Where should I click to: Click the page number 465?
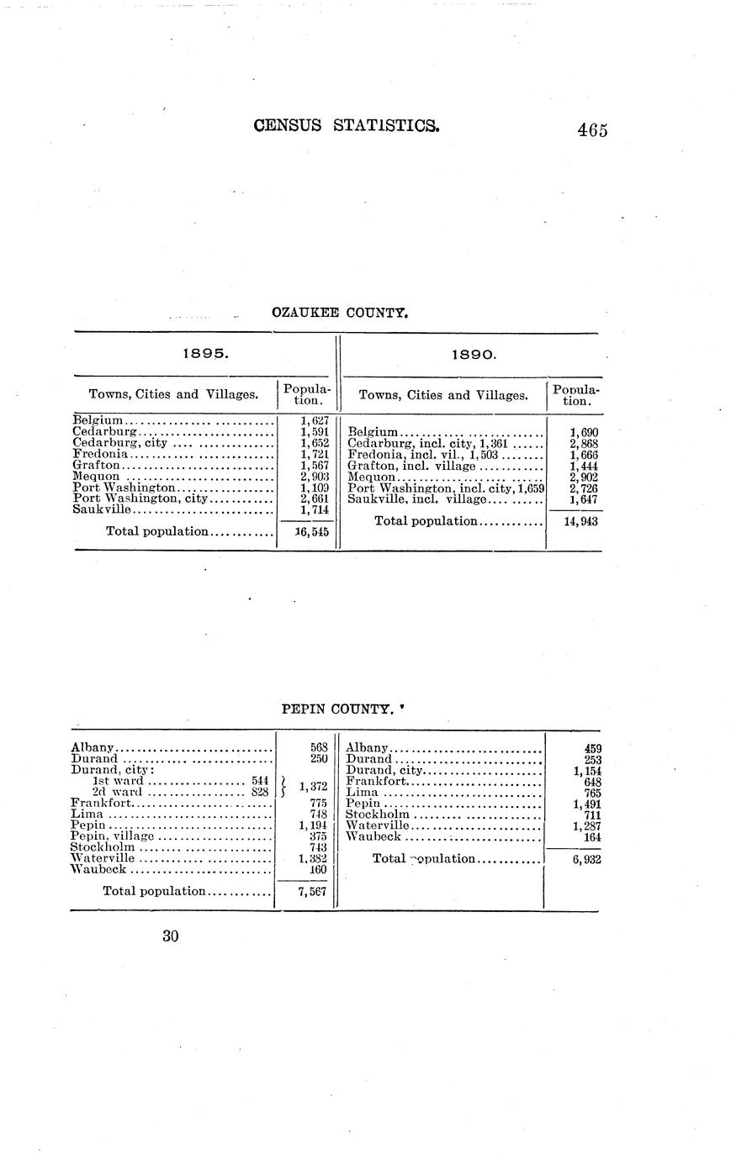point(592,130)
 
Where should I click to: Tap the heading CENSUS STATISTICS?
point(346,126)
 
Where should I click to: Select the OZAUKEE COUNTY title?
point(340,313)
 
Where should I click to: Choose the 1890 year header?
point(474,354)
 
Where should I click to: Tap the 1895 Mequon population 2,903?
point(312,476)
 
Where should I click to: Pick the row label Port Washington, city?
point(140,498)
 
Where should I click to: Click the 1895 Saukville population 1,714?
point(312,509)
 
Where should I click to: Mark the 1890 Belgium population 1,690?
point(583,433)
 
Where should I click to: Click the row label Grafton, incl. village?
point(412,466)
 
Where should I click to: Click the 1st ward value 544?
point(259,781)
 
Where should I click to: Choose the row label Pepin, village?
point(113,836)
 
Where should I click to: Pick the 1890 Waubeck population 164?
point(591,836)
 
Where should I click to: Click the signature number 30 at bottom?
point(171,936)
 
